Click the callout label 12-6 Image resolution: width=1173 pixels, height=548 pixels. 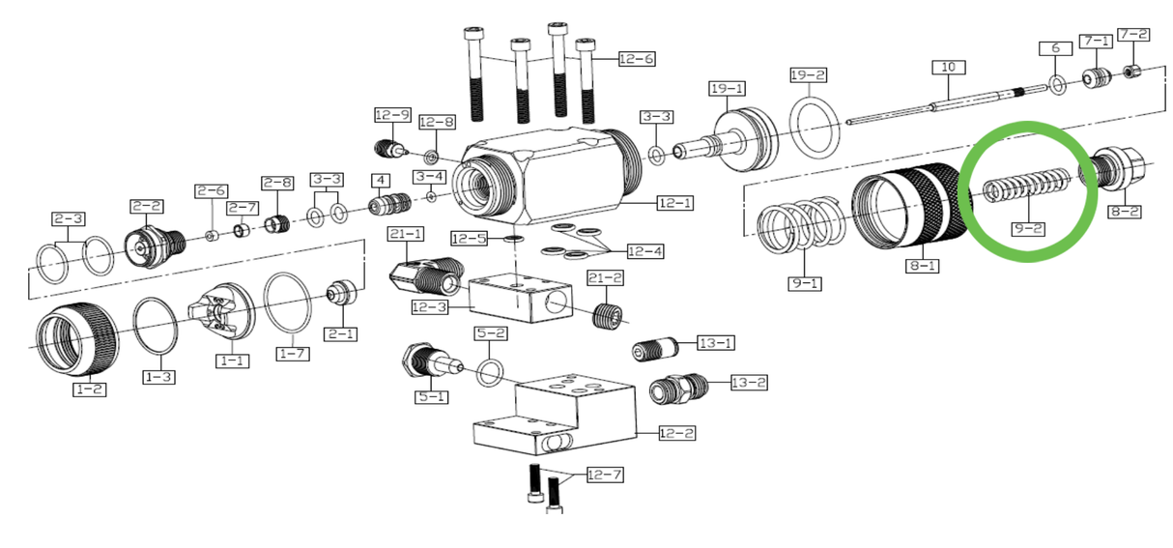[637, 59]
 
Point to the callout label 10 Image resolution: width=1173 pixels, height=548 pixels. [948, 68]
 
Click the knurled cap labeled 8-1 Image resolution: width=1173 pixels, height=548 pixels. [901, 211]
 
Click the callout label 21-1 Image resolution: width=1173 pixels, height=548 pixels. [406, 234]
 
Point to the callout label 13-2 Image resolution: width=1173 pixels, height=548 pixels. [748, 383]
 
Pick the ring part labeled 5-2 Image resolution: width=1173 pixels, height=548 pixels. [490, 371]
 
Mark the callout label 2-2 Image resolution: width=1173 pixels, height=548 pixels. [147, 206]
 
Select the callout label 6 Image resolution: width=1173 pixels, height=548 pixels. [1055, 48]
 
